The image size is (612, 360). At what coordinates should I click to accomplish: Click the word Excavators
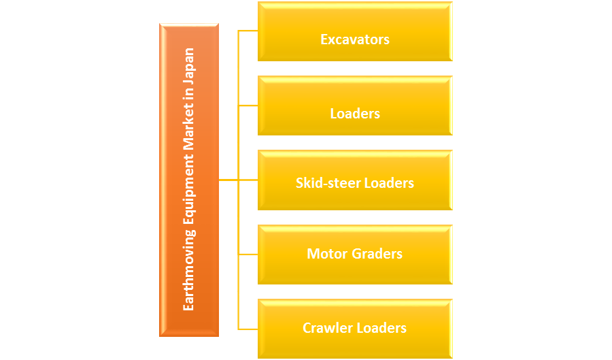click(x=355, y=39)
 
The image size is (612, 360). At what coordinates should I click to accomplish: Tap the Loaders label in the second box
click(x=355, y=114)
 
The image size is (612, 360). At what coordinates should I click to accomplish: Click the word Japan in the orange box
click(x=189, y=63)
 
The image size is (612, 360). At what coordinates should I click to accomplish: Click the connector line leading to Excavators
click(x=248, y=31)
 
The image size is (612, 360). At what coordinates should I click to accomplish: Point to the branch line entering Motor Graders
click(x=248, y=254)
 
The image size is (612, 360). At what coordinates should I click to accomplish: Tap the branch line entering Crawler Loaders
click(x=248, y=328)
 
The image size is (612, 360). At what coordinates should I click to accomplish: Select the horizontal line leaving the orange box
click(x=228, y=180)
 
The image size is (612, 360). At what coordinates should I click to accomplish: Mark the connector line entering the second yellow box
click(x=248, y=105)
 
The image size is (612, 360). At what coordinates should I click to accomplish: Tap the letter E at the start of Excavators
click(x=324, y=39)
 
